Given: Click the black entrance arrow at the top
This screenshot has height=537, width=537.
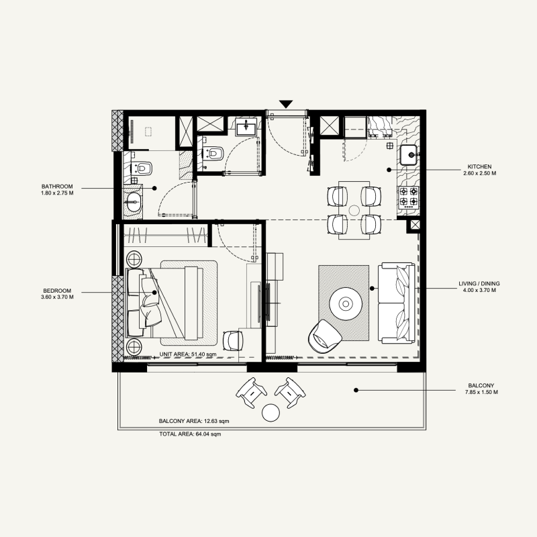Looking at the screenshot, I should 287,104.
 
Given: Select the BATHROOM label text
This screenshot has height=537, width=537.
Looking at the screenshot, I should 56,186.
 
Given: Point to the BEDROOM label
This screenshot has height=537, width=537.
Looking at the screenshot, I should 56,291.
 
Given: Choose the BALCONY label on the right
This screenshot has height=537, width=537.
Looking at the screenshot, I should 483,386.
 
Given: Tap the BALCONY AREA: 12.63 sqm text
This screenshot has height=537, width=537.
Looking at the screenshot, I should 193,421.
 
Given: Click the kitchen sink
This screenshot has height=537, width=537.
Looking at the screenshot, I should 409,154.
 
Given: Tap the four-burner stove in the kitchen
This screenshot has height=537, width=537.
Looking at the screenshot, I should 409,197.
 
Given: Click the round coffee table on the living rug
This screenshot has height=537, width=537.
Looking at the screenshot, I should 346,304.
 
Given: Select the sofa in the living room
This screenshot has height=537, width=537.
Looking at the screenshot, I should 395,303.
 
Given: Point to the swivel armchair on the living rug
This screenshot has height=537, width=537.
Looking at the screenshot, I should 324,335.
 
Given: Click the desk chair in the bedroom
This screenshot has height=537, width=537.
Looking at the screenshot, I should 232,340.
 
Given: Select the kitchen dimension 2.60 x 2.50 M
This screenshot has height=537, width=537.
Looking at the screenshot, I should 479,173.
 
